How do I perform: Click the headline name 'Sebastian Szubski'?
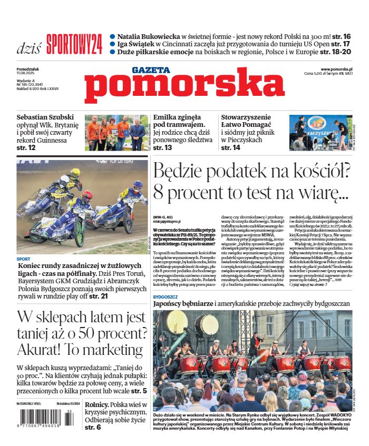coord(45,117)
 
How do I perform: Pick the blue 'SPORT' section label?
coord(23,259)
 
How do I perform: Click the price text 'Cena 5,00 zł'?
coord(316,75)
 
